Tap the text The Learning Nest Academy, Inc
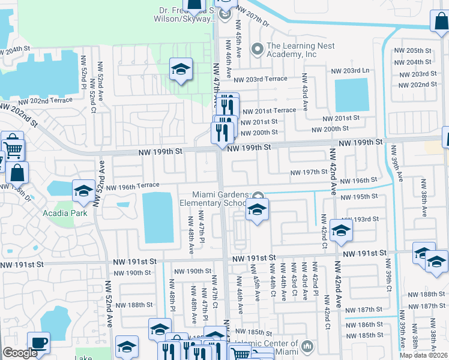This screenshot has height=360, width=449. tap(292, 50)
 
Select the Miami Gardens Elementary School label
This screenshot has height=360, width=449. tap(217, 199)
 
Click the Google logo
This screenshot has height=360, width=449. tap(20, 353)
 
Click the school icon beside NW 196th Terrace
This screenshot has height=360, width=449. tap(83, 191)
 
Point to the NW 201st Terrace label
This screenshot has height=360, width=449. tap(268, 110)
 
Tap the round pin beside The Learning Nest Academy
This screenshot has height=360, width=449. tap(258, 49)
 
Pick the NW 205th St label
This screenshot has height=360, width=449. tap(418, 50)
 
